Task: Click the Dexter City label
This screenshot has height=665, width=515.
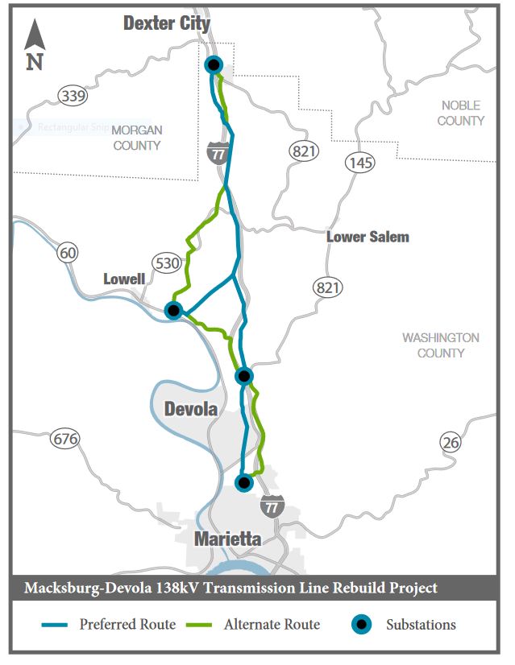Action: point(166,23)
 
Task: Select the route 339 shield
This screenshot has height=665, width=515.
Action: point(73,97)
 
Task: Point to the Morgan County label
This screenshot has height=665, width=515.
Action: point(137,138)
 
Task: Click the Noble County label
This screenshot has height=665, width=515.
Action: point(460,113)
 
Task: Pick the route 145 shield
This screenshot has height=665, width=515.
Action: point(359,163)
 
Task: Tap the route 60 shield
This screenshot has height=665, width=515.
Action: point(69,254)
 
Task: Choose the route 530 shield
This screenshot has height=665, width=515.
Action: point(166,262)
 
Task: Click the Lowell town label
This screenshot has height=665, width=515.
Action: point(124,279)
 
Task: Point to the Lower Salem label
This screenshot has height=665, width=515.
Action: point(368,237)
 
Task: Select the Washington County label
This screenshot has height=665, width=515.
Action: point(440,345)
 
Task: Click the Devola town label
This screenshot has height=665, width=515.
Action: point(191,409)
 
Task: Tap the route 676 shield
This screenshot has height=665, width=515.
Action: point(64,439)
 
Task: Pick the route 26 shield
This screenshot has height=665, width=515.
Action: point(451,441)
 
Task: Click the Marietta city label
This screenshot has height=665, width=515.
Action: point(228,539)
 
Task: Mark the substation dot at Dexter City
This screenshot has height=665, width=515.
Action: point(214,65)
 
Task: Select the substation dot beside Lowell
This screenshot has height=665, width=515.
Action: point(172,310)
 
